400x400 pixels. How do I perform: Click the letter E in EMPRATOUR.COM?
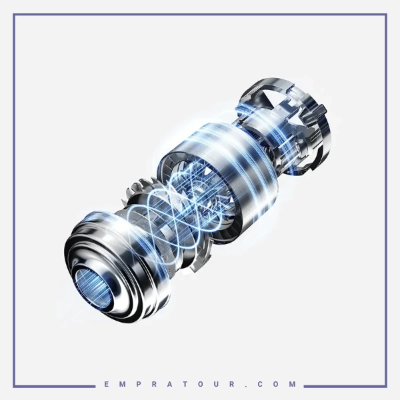click(x=107, y=384)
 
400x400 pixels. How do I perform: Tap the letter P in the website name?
click(x=138, y=384)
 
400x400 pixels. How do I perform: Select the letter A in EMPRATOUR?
click(x=170, y=384)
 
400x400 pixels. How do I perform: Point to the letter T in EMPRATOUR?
click(x=186, y=384)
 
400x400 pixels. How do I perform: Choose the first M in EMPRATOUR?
click(x=122, y=384)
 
